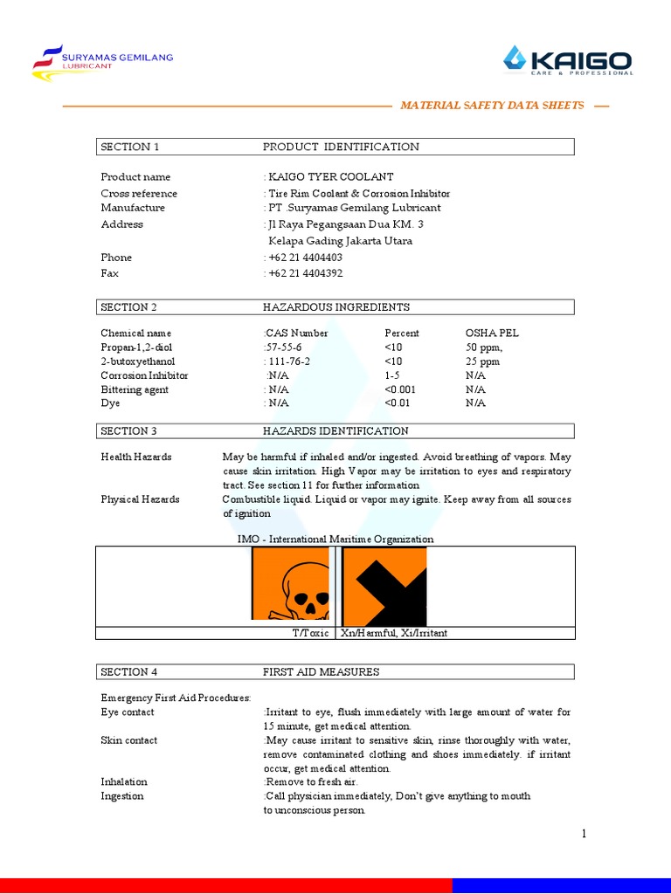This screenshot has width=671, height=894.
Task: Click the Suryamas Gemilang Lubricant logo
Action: pyautogui.click(x=102, y=58)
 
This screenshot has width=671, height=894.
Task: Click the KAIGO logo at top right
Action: pyautogui.click(x=568, y=61)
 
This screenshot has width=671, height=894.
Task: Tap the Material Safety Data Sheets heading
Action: pyautogui.click(x=492, y=106)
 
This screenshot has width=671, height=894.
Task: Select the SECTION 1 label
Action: pyautogui.click(x=130, y=147)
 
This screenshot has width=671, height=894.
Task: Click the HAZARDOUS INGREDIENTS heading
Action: pyautogui.click(x=336, y=307)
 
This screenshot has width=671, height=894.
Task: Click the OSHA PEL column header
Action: pyautogui.click(x=492, y=334)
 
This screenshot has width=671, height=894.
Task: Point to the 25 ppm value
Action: pyautogui.click(x=482, y=361)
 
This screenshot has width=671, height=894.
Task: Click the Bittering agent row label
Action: pyautogui.click(x=135, y=389)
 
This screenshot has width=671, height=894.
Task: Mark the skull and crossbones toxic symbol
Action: pyautogui.click(x=290, y=583)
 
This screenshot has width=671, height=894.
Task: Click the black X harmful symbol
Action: pyautogui.click(x=384, y=583)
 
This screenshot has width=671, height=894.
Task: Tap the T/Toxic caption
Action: pyautogui.click(x=310, y=633)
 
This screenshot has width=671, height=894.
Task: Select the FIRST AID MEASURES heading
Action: pyautogui.click(x=321, y=672)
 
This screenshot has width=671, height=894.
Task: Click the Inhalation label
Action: pyautogui.click(x=124, y=782)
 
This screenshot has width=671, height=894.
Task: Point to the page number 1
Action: pyautogui.click(x=584, y=834)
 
